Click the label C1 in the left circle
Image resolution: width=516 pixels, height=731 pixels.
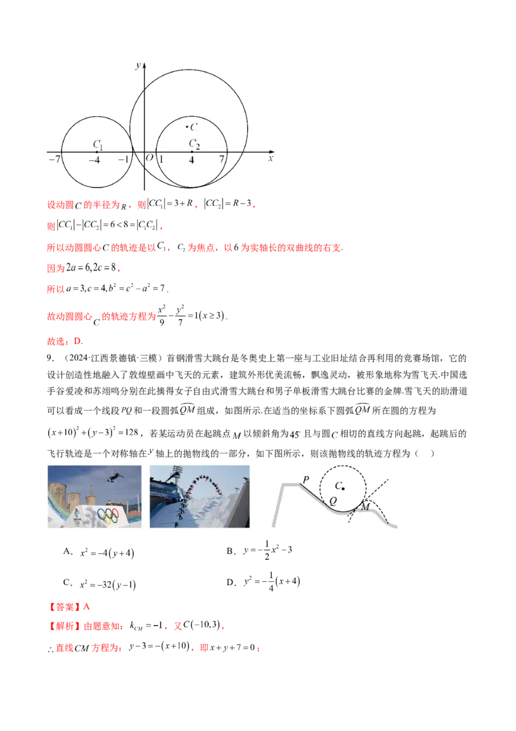[x=98, y=144]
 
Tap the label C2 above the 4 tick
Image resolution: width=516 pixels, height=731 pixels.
[x=194, y=144]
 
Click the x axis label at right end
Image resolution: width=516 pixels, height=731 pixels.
[x=271, y=158]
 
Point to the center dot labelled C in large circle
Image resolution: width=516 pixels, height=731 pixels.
[x=187, y=127]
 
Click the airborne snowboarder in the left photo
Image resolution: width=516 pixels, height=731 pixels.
[x=115, y=475]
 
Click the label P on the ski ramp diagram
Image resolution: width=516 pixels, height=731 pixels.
[x=306, y=479]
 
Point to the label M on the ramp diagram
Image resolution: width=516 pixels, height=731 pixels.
[x=365, y=507]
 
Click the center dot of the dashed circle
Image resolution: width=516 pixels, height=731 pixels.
[x=343, y=489]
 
